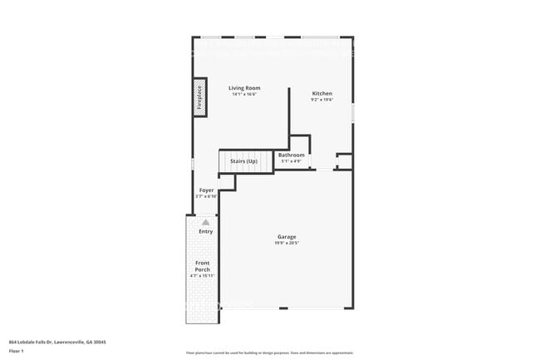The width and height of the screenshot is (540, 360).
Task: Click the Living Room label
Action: pyautogui.click(x=244, y=87)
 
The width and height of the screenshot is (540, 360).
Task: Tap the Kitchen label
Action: pyautogui.click(x=322, y=93)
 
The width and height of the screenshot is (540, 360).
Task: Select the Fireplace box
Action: pyautogui.click(x=199, y=96)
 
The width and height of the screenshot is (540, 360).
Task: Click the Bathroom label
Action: pyautogui.click(x=291, y=155)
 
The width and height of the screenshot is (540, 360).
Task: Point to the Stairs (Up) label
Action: pyautogui.click(x=243, y=160)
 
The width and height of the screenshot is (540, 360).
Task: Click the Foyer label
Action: pyautogui.click(x=207, y=190)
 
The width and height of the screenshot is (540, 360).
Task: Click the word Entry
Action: pyautogui.click(x=205, y=231)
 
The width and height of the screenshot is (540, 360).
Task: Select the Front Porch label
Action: pyautogui.click(x=203, y=267)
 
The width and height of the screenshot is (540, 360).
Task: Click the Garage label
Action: pyautogui.click(x=287, y=237)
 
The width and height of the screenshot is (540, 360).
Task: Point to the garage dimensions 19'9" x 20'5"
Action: pyautogui.click(x=287, y=244)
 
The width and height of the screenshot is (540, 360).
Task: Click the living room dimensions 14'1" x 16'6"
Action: pyautogui.click(x=244, y=94)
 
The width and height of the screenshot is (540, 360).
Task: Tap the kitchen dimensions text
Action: pyautogui.click(x=322, y=100)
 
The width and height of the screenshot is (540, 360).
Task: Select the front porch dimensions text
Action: pyautogui.click(x=203, y=280)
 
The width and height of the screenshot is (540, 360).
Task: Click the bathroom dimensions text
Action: pyautogui.click(x=291, y=161)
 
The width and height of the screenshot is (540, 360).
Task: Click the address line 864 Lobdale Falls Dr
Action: pyautogui.click(x=57, y=342)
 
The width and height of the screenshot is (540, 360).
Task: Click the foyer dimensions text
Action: pyautogui.click(x=207, y=197)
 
